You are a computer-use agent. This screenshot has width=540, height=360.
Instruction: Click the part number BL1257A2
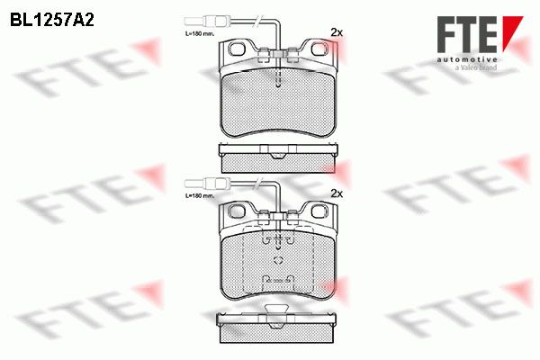(x=52, y=20)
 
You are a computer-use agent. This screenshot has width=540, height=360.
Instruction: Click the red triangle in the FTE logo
(x=510, y=31)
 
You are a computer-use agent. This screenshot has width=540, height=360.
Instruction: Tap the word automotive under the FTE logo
(x=466, y=59)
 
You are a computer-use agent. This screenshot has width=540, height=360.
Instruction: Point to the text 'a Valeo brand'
(x=475, y=67)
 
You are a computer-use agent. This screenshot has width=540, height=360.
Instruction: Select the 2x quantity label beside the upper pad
(x=337, y=32)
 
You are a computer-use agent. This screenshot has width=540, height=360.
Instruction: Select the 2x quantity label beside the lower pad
(x=337, y=193)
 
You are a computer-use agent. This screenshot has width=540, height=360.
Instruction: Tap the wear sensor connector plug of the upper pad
(x=207, y=21)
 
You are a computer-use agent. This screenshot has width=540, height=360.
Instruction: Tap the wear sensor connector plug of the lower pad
(x=207, y=183)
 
